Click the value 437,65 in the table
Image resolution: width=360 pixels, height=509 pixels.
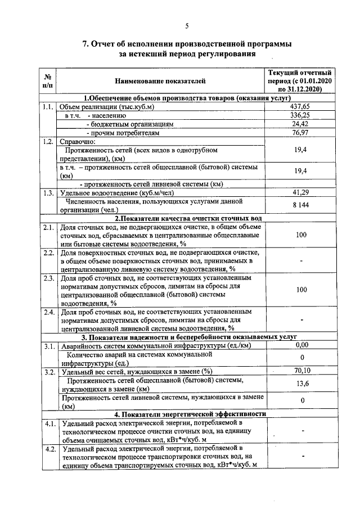pos(299,106)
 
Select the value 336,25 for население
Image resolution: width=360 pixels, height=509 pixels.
pos(299,115)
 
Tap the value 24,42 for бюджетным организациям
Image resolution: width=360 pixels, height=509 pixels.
pos(299,124)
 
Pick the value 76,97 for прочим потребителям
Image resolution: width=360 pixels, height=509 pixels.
pos(299,133)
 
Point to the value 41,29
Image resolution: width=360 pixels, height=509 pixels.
pos(299,193)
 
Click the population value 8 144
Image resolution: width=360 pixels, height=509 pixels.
pos(299,206)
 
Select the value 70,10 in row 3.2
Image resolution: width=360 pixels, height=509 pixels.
pos(302,371)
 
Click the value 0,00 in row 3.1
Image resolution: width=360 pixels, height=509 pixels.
pos(302,345)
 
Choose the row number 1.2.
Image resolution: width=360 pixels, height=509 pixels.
pos(48,142)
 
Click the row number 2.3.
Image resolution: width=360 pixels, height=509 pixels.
pos(48,278)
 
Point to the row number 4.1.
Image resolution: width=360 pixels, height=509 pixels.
pos(48,423)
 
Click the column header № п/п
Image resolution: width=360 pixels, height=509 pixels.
pos(48,82)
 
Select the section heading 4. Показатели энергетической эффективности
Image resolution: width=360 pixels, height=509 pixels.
pos(189,413)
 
